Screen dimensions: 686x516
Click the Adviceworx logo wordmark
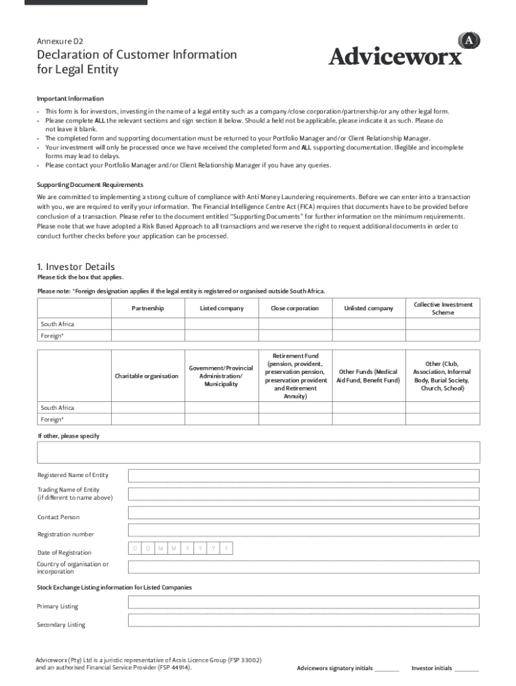pyautogui.click(x=395, y=56)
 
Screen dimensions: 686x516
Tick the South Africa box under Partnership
pyautogui.click(x=147, y=324)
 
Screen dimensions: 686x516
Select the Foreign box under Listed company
pyautogui.click(x=221, y=336)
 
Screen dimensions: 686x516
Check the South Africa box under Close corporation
pyautogui.click(x=295, y=324)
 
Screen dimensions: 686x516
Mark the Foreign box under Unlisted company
pyautogui.click(x=369, y=336)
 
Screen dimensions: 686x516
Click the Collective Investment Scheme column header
pyautogui.click(x=442, y=308)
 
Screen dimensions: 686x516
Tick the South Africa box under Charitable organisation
pyautogui.click(x=147, y=407)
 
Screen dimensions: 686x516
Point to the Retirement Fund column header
pyautogui.click(x=296, y=376)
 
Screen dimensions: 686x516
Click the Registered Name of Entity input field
pyautogui.click(x=304, y=476)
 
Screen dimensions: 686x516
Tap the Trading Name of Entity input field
pyautogui.click(x=304, y=494)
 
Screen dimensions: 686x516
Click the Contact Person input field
pyautogui.click(x=304, y=513)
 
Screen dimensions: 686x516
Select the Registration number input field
pyautogui.click(x=304, y=531)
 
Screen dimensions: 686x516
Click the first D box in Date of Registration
pyautogui.click(x=135, y=549)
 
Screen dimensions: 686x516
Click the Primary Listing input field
pyautogui.click(x=304, y=602)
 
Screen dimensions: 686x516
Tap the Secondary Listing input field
pyautogui.click(x=304, y=620)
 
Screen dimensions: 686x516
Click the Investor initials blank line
pyautogui.click(x=466, y=669)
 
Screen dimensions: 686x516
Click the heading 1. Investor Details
pyautogui.click(x=76, y=267)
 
